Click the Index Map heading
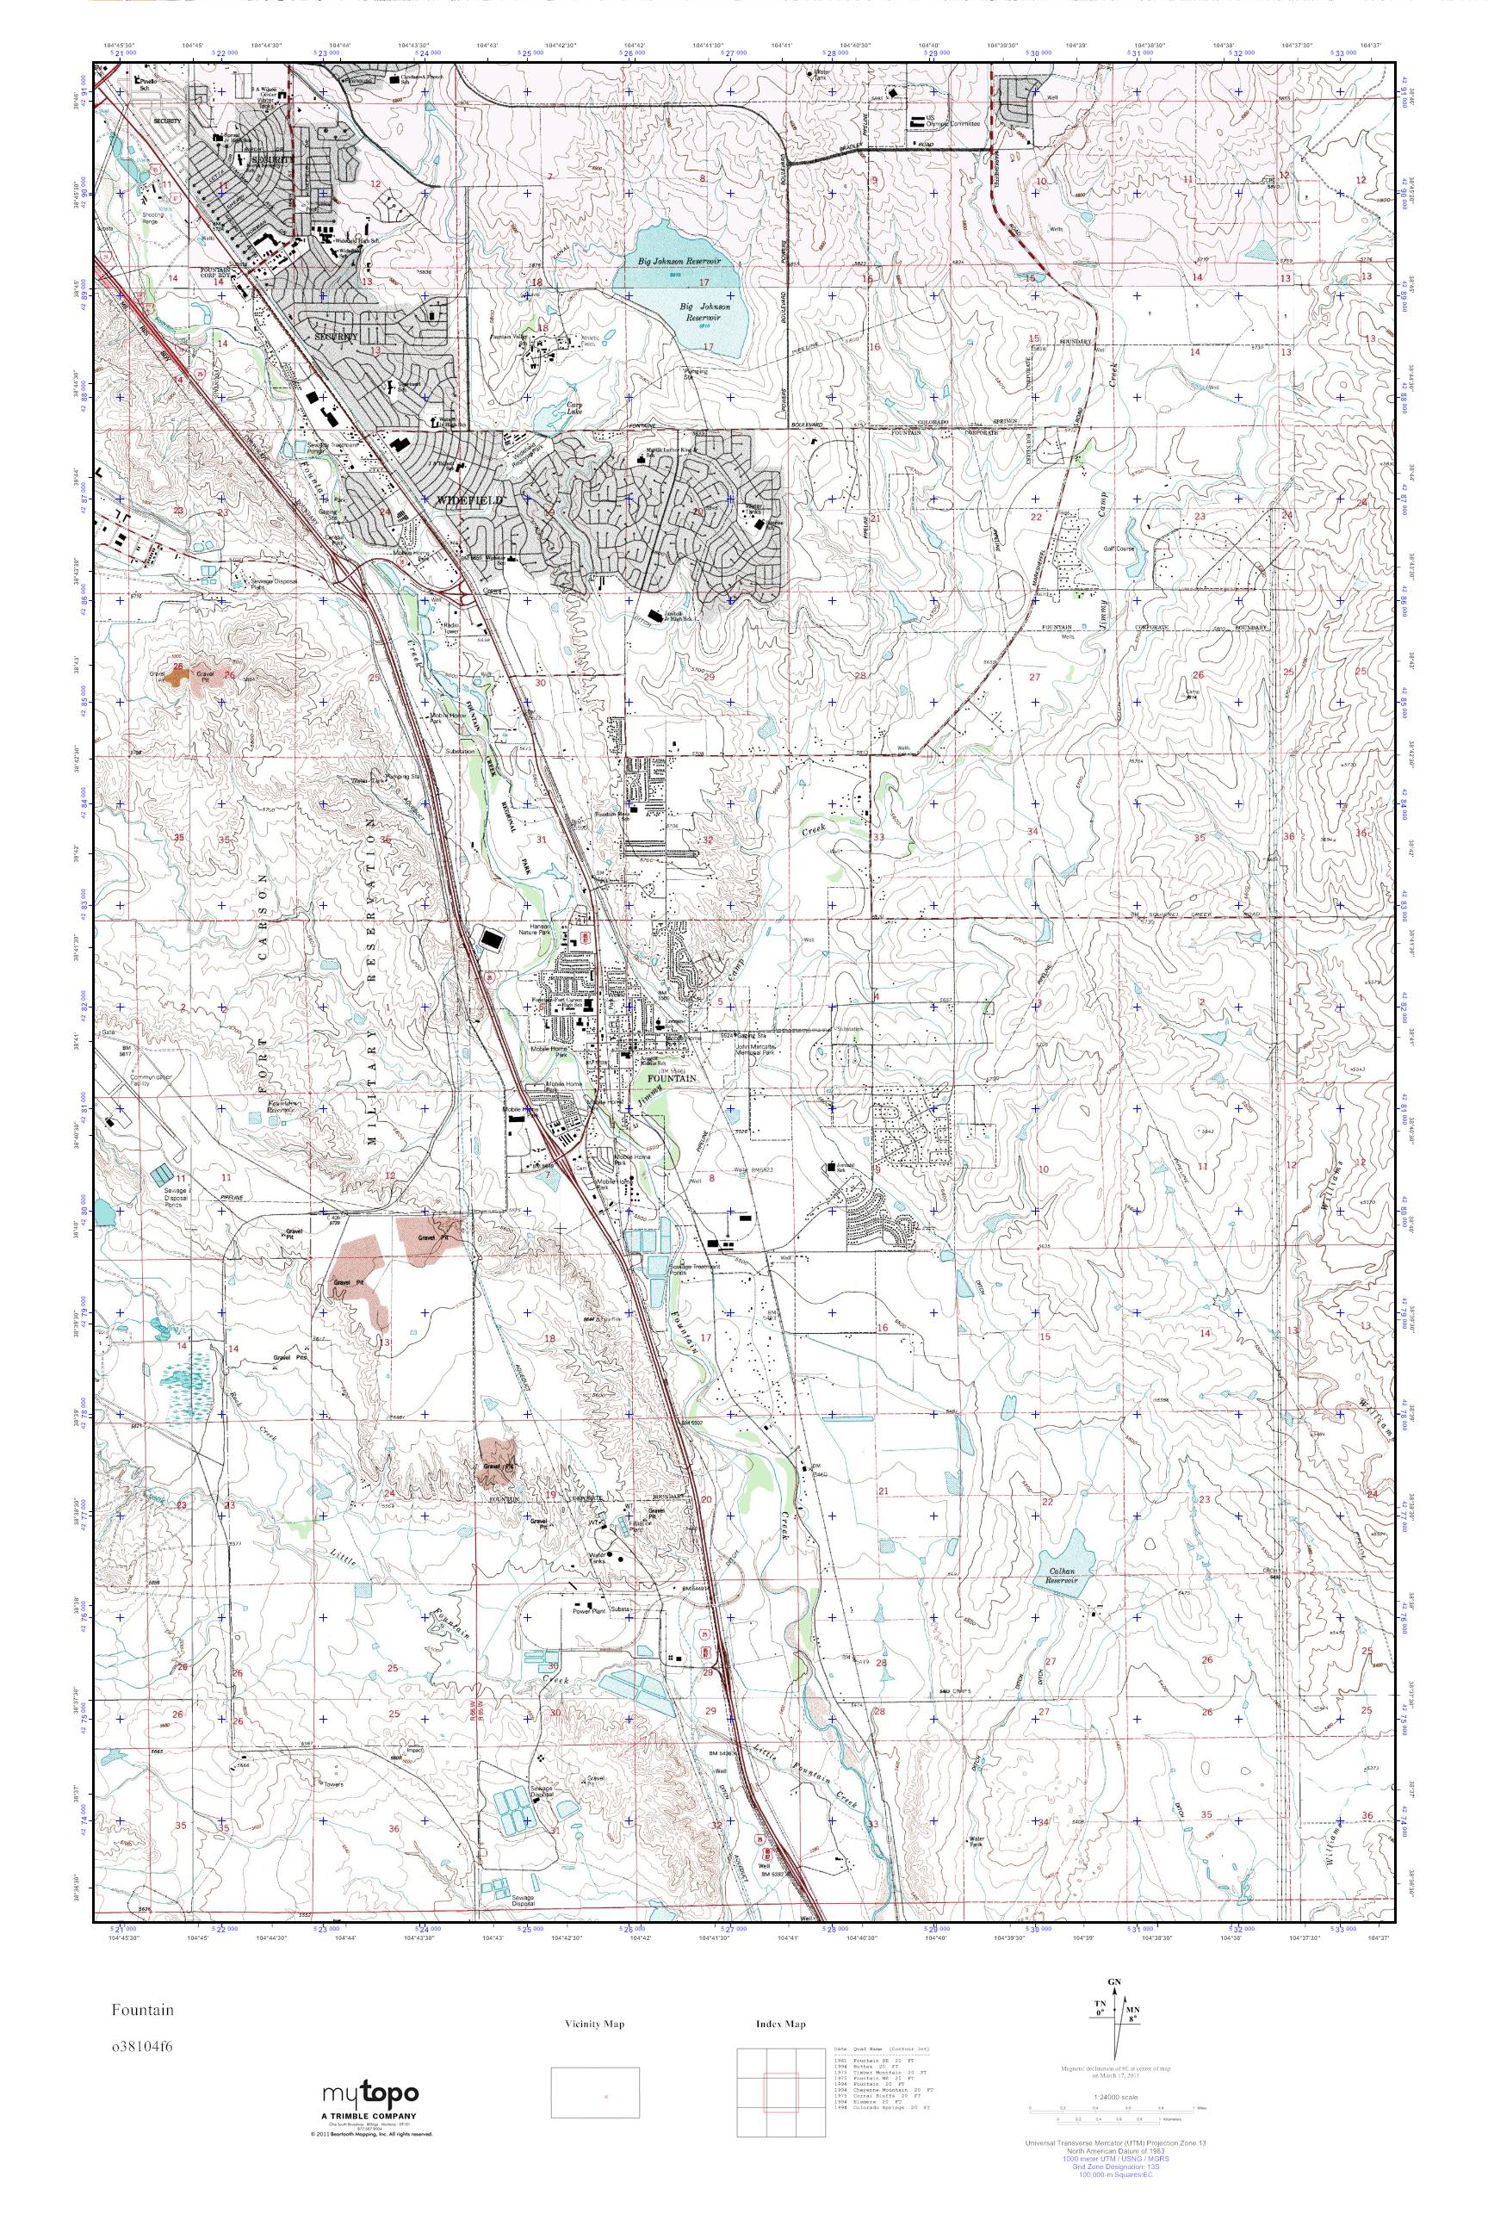pos(781,2024)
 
